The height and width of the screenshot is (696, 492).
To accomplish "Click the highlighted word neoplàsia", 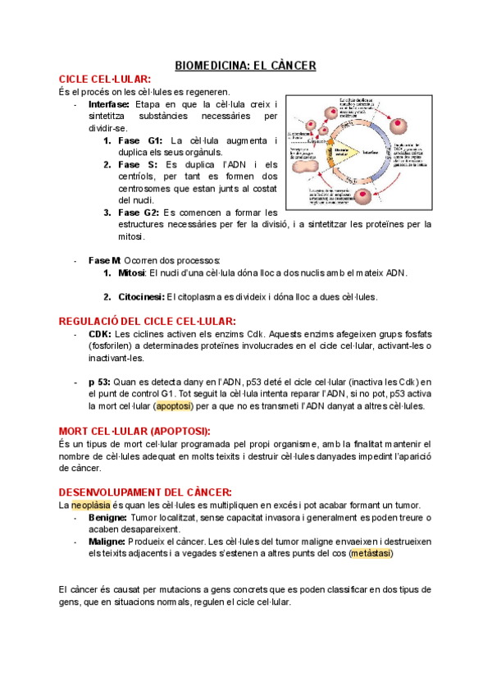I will (90, 505).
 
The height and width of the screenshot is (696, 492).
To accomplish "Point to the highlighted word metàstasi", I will (371, 553).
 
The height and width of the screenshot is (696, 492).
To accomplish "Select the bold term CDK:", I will (100, 335).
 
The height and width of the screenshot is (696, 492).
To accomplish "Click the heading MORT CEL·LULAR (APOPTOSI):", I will (134, 431).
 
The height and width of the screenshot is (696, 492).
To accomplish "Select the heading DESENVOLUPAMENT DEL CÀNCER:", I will (139, 492).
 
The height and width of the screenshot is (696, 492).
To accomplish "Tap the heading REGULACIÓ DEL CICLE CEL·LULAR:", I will (148, 321).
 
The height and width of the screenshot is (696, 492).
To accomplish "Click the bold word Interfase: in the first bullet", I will (111, 105).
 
